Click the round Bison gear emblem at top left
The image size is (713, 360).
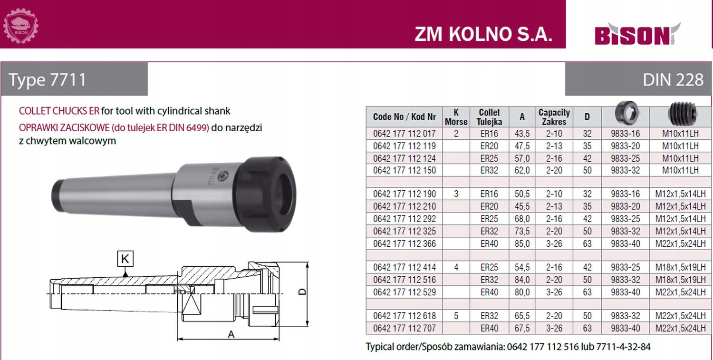[21, 26]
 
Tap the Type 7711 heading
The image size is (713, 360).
[48, 79]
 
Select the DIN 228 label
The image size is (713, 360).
[673, 79]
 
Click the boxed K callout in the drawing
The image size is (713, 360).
[125, 258]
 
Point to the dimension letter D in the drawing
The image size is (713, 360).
[303, 292]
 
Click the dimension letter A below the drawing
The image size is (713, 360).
[231, 334]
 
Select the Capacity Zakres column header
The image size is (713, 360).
[554, 117]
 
